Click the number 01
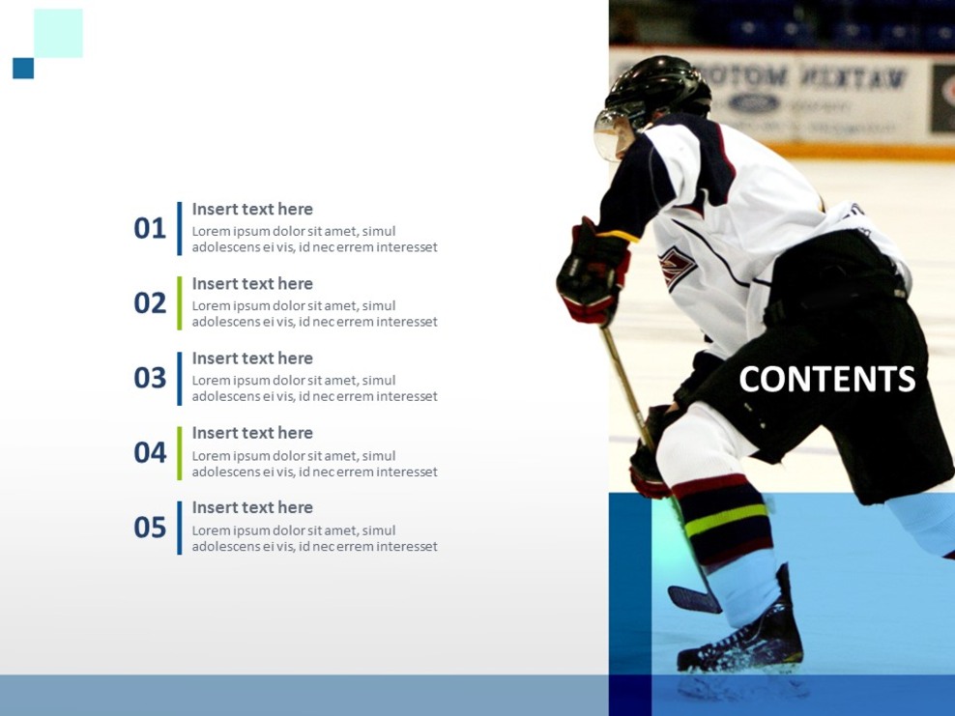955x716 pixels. (x=150, y=229)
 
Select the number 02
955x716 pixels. (x=150, y=303)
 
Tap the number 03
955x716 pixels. (x=150, y=378)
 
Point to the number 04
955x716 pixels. (x=150, y=452)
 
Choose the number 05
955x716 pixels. (x=150, y=528)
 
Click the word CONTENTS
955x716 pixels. (x=826, y=380)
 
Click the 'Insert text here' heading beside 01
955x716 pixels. (x=252, y=209)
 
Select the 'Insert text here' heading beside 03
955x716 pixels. (x=252, y=358)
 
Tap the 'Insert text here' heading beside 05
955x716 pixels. (x=252, y=507)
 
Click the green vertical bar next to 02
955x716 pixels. (x=180, y=303)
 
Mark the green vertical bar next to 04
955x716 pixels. (x=180, y=452)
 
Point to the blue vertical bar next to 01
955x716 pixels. (x=180, y=229)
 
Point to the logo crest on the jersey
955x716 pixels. (x=676, y=266)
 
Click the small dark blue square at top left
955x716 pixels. (x=23, y=69)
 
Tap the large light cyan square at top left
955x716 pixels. (x=58, y=34)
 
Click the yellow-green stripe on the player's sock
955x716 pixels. (x=724, y=521)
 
